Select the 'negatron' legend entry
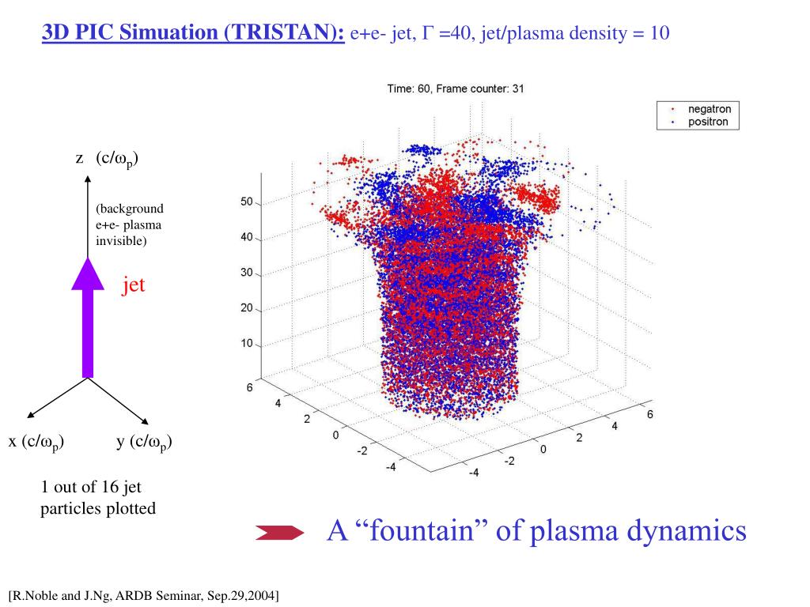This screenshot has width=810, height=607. coord(708,110)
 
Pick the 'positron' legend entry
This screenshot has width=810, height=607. coord(708,122)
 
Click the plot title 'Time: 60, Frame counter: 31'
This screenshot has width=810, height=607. coord(455,89)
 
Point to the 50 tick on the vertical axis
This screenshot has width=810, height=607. coord(246,203)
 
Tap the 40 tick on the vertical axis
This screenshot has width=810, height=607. coord(246,237)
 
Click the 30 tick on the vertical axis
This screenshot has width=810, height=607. coord(246,273)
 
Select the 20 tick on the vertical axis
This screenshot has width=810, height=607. coord(246,308)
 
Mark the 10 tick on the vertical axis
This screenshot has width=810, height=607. coord(246,344)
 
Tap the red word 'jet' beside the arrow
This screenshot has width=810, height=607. coord(133,285)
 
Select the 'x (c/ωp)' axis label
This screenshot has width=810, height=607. coord(36,442)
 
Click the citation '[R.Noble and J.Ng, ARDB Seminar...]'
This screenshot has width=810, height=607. coord(144,594)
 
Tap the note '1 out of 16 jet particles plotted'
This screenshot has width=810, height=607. coord(98,498)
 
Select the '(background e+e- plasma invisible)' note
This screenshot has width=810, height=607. coord(130,224)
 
